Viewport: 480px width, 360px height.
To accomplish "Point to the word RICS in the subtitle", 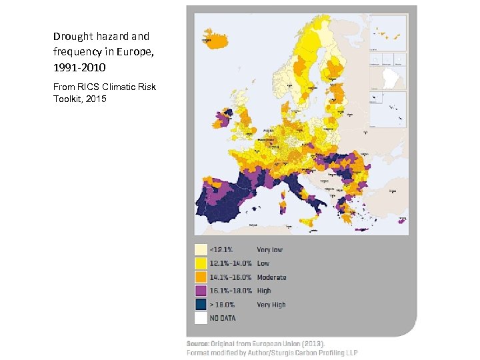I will click(x=89, y=87).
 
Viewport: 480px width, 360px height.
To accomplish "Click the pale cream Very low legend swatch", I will click(x=200, y=249).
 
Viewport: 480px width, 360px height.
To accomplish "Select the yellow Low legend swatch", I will click(x=200, y=263).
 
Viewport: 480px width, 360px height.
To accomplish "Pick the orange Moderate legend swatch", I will click(x=200, y=277).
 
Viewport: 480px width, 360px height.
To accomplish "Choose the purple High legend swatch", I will click(x=200, y=291).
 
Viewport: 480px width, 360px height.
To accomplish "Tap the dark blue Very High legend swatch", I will click(x=200, y=305).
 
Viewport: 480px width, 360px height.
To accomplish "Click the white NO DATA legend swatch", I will click(x=200, y=318).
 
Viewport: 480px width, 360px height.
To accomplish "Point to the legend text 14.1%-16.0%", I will click(x=229, y=277).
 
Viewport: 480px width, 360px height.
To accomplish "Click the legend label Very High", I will click(x=271, y=305).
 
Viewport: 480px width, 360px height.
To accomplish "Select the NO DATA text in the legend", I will click(x=224, y=319).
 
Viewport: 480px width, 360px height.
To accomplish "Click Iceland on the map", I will click(x=217, y=35).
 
